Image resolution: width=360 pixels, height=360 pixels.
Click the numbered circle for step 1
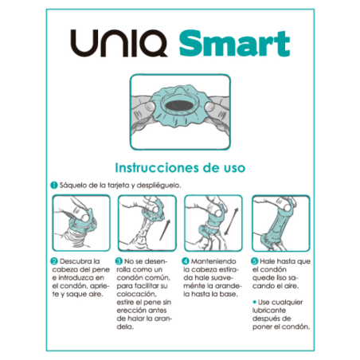click(x=52, y=186)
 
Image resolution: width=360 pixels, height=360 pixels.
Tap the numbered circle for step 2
click(x=52, y=260)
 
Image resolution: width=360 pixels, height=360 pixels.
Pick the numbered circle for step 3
click(x=119, y=260)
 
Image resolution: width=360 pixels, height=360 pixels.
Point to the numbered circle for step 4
click(x=186, y=260)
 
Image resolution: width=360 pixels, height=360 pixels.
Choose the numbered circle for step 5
click(x=253, y=260)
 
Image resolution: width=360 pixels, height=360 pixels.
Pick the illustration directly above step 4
click(x=212, y=222)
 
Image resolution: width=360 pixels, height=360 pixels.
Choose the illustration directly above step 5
click(x=280, y=222)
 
